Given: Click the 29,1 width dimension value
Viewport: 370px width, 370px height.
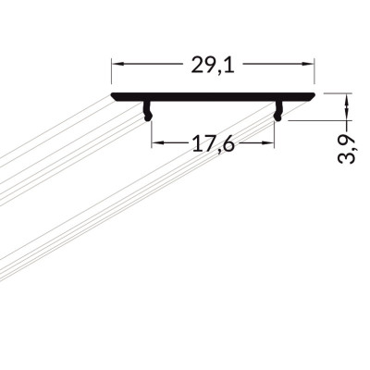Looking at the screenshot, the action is (x=213, y=66).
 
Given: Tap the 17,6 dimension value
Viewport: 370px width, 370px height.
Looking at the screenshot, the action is (x=214, y=144).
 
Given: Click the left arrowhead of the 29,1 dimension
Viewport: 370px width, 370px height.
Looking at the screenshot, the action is (x=117, y=64).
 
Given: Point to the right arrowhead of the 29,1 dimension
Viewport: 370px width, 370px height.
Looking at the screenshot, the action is (x=308, y=64).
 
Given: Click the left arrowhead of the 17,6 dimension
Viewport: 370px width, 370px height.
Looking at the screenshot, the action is (x=158, y=142).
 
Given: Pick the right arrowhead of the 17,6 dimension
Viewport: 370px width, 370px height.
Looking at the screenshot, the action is (x=267, y=142).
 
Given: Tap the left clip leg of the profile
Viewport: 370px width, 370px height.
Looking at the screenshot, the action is (x=148, y=111).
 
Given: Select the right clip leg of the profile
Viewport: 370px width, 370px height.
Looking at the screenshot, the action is (x=278, y=111).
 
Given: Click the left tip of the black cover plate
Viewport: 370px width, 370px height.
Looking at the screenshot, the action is (x=111, y=94).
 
